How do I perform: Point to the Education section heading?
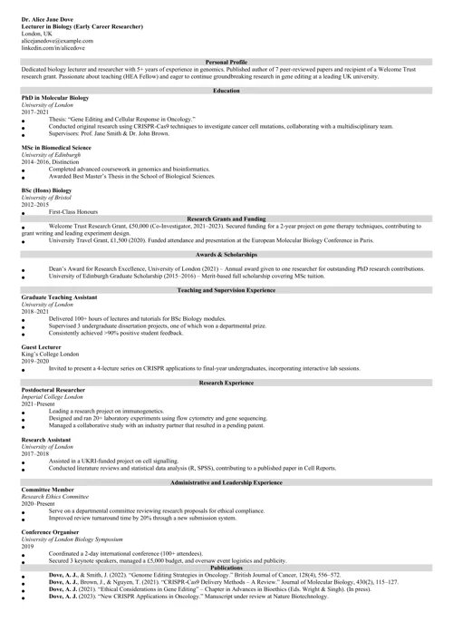pyautogui.click(x=226, y=91)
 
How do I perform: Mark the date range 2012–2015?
pyautogui.click(x=34, y=204)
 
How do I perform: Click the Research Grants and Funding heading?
pyautogui.click(x=226, y=219)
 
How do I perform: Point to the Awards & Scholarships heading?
pyautogui.click(x=226, y=256)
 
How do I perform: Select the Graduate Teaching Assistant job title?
pyautogui.click(x=61, y=296)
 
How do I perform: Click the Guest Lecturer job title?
pyautogui.click(x=42, y=346)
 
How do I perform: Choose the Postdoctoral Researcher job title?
pyautogui.click(x=56, y=390)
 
